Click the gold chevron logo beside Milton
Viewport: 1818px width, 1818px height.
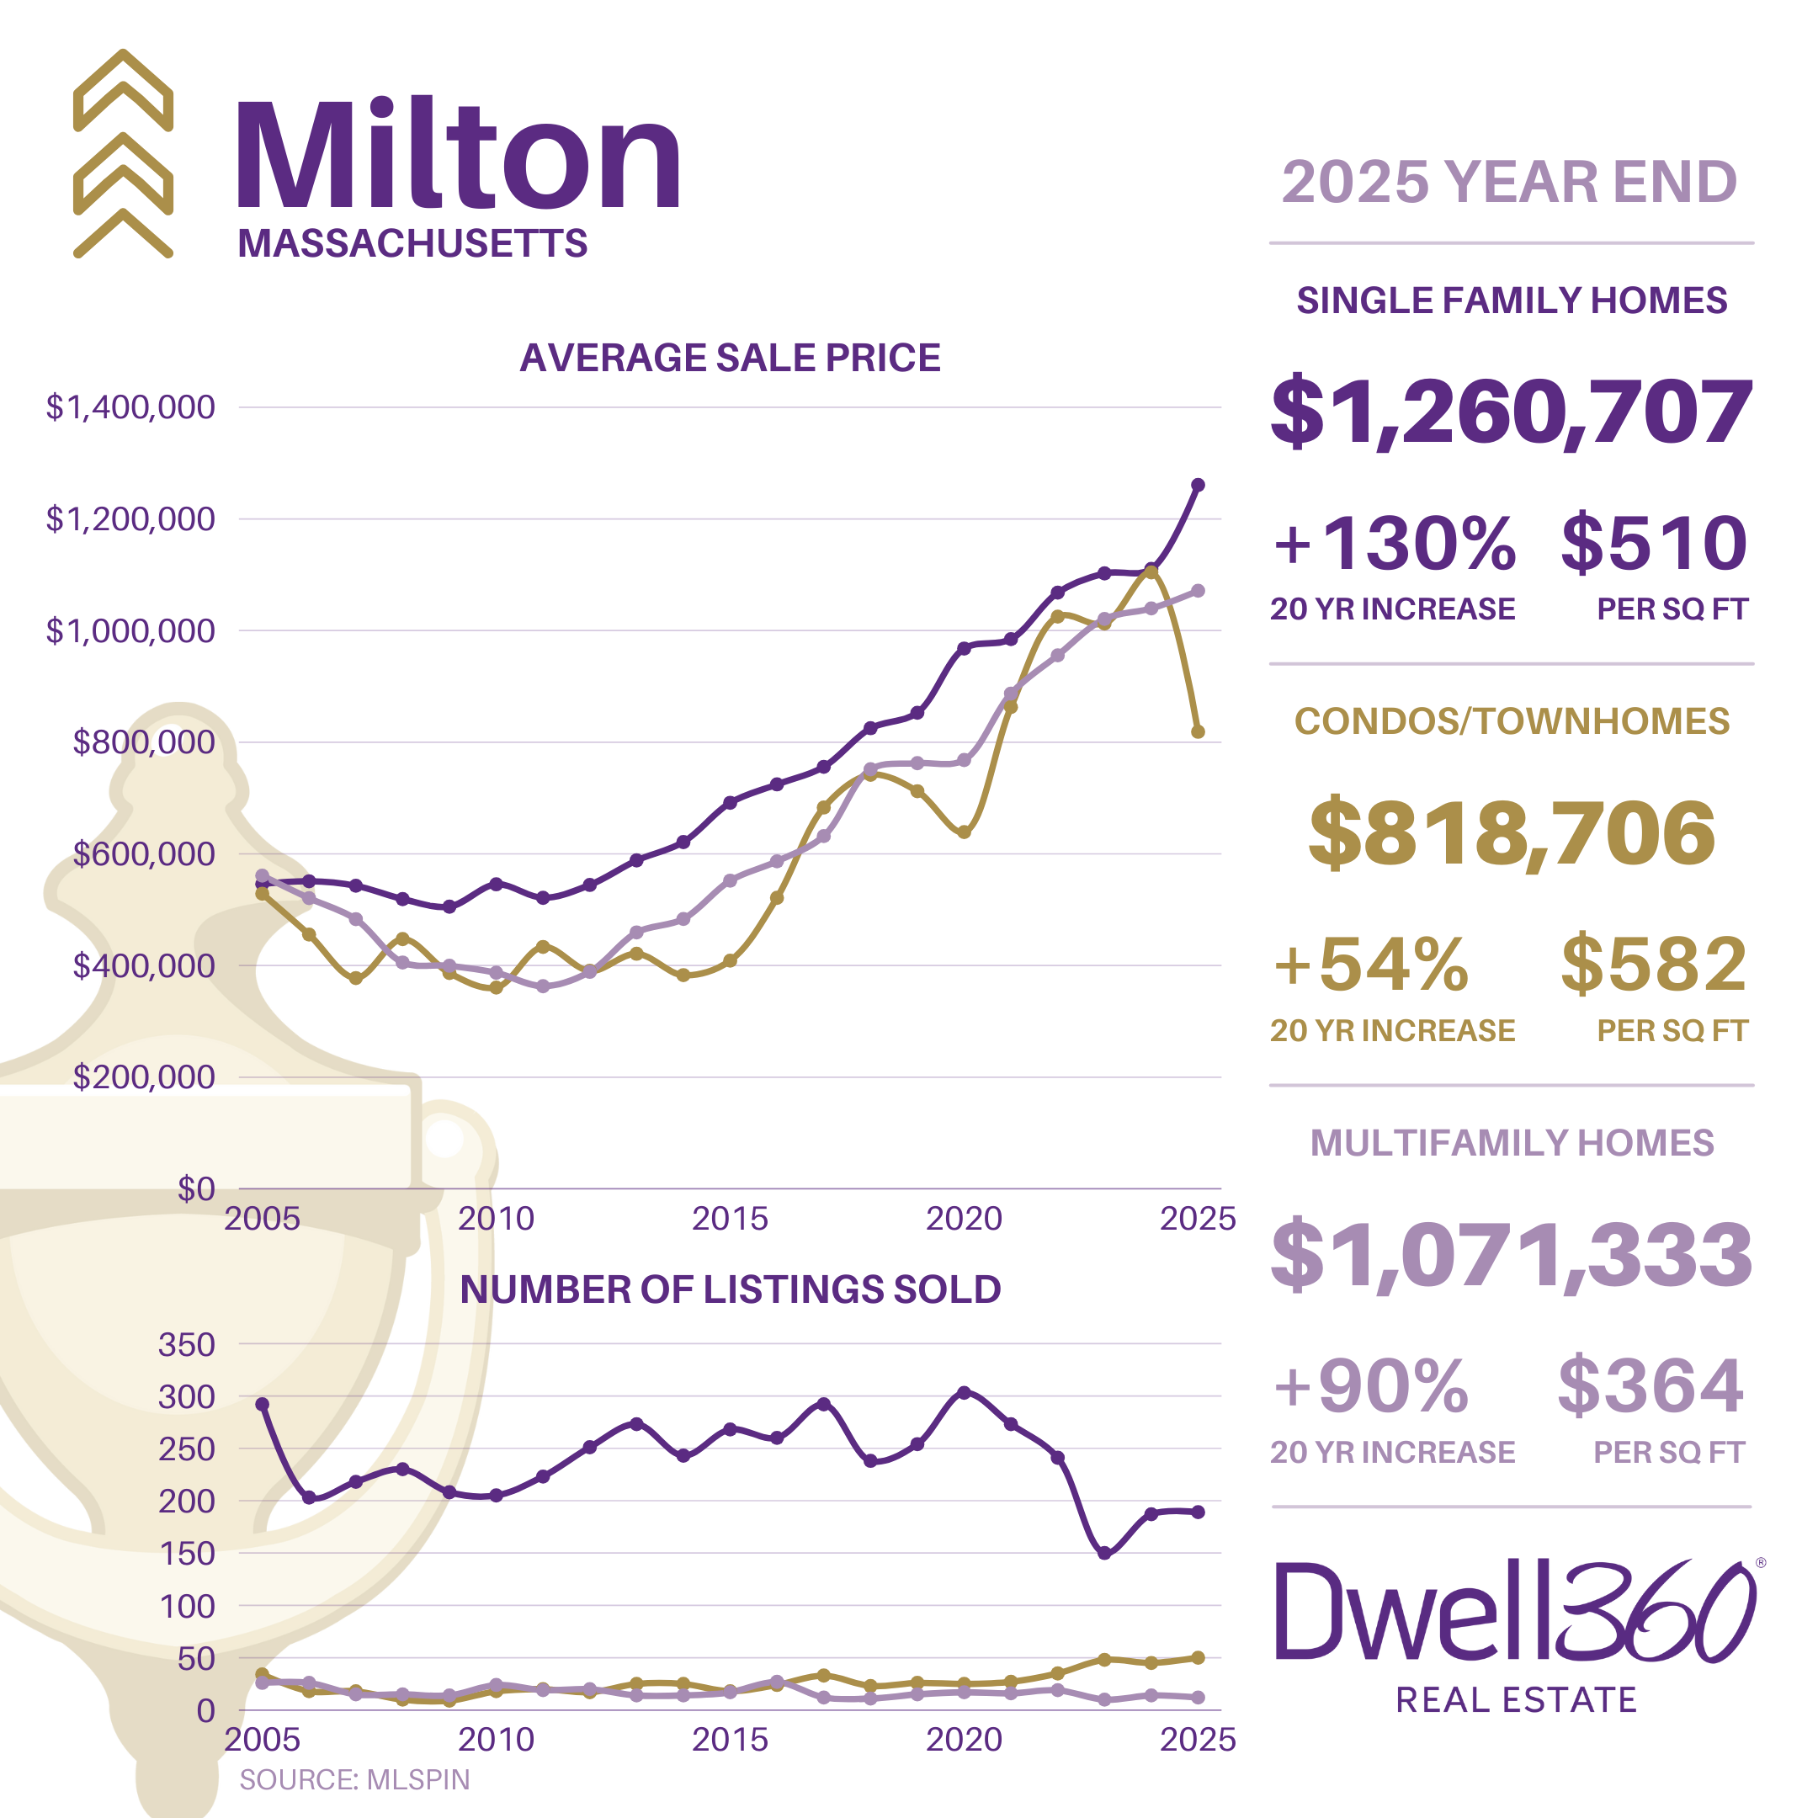(123, 154)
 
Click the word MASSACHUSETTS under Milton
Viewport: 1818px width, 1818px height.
(412, 244)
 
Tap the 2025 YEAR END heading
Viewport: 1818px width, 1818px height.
(1509, 182)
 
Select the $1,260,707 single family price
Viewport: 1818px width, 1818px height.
(1512, 412)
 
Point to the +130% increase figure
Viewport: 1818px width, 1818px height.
(1395, 544)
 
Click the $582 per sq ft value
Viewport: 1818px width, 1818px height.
(1653, 965)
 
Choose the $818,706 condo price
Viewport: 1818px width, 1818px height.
(1512, 832)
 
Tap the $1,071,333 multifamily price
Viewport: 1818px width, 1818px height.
(1512, 1254)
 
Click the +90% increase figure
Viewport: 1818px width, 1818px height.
(1371, 1386)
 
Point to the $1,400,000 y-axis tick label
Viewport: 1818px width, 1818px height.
(130, 407)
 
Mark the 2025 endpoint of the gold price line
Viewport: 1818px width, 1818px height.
(1198, 731)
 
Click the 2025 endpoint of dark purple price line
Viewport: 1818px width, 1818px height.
(1198, 485)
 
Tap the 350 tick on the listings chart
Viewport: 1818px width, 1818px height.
(186, 1345)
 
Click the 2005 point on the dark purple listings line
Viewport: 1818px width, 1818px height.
(263, 1404)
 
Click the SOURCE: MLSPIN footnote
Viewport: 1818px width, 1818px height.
(353, 1779)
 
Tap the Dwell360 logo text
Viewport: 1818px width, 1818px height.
(1515, 1612)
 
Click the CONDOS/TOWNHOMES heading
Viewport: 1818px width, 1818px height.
(1512, 720)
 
